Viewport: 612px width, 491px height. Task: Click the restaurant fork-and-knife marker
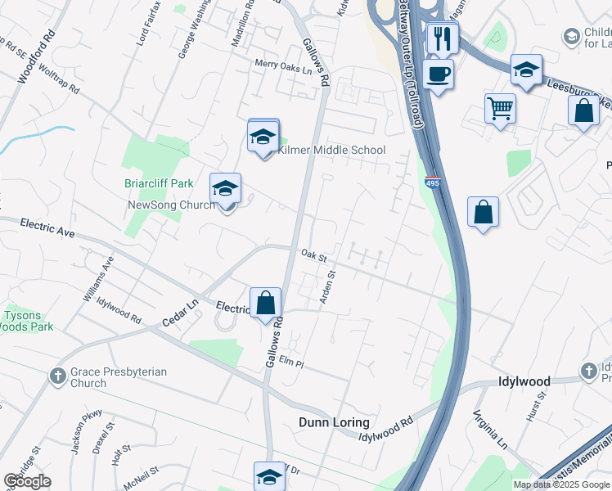443,38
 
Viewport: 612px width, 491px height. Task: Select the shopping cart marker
500,107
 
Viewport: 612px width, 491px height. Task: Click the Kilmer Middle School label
331,150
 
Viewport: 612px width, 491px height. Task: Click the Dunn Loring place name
333,422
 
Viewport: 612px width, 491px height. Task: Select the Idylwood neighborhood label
524,381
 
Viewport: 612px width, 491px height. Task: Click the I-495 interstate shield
433,181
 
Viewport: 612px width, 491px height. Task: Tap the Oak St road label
313,255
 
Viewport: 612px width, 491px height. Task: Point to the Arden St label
326,288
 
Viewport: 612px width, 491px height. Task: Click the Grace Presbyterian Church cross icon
57,376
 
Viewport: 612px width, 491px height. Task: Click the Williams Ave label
97,279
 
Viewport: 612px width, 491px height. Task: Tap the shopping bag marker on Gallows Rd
265,304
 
